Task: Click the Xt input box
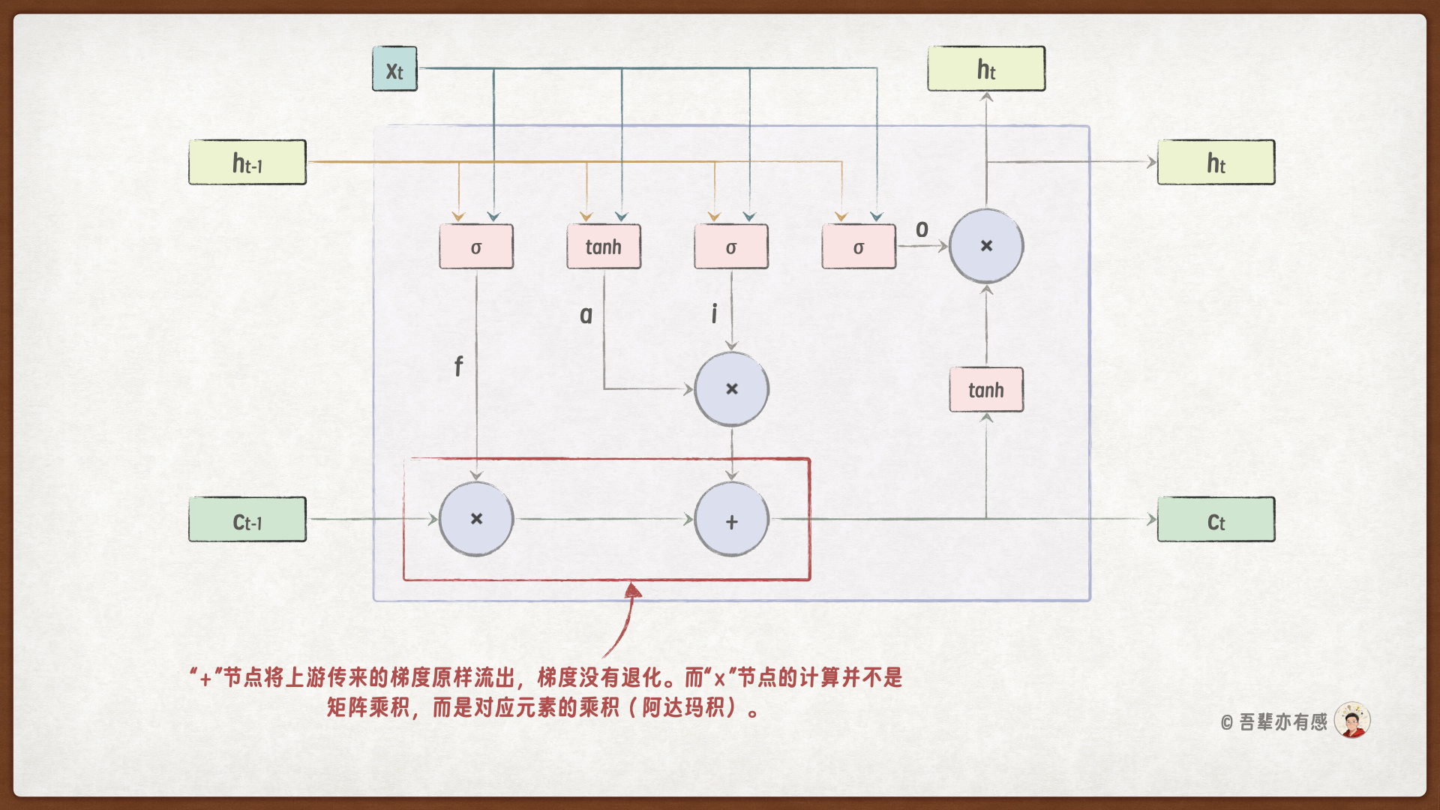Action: pyautogui.click(x=394, y=69)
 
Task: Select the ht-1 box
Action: pyautogui.click(x=247, y=162)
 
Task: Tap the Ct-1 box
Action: pyautogui.click(x=247, y=520)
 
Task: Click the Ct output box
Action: pyautogui.click(x=1216, y=520)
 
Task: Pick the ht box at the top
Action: pyautogui.click(x=986, y=69)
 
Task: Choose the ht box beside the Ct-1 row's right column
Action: pyautogui.click(x=1216, y=162)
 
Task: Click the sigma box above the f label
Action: pyautogui.click(x=476, y=247)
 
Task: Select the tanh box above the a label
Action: pyautogui.click(x=604, y=247)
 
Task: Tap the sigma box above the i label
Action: pyautogui.click(x=731, y=247)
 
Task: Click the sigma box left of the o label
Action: pyautogui.click(x=859, y=247)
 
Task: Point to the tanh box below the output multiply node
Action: pyautogui.click(x=986, y=390)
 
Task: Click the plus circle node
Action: pyautogui.click(x=732, y=520)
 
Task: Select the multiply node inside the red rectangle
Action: pyautogui.click(x=476, y=519)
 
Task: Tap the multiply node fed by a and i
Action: pyautogui.click(x=732, y=389)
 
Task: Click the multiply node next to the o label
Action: pyautogui.click(x=986, y=246)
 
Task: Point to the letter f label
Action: pyautogui.click(x=458, y=366)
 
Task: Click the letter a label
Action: pyautogui.click(x=586, y=315)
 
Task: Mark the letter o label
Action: pyautogui.click(x=922, y=229)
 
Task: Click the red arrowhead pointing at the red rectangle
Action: pyautogui.click(x=633, y=590)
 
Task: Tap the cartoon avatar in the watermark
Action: pyautogui.click(x=1352, y=721)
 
